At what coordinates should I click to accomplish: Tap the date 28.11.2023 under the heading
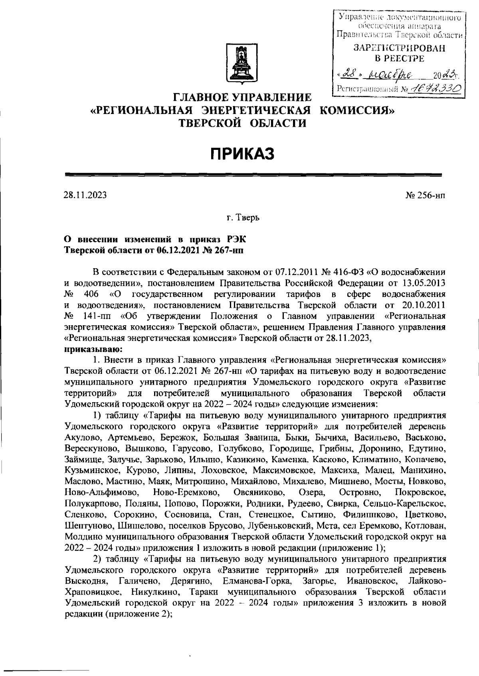click(x=85, y=195)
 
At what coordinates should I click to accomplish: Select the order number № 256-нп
click(x=426, y=195)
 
